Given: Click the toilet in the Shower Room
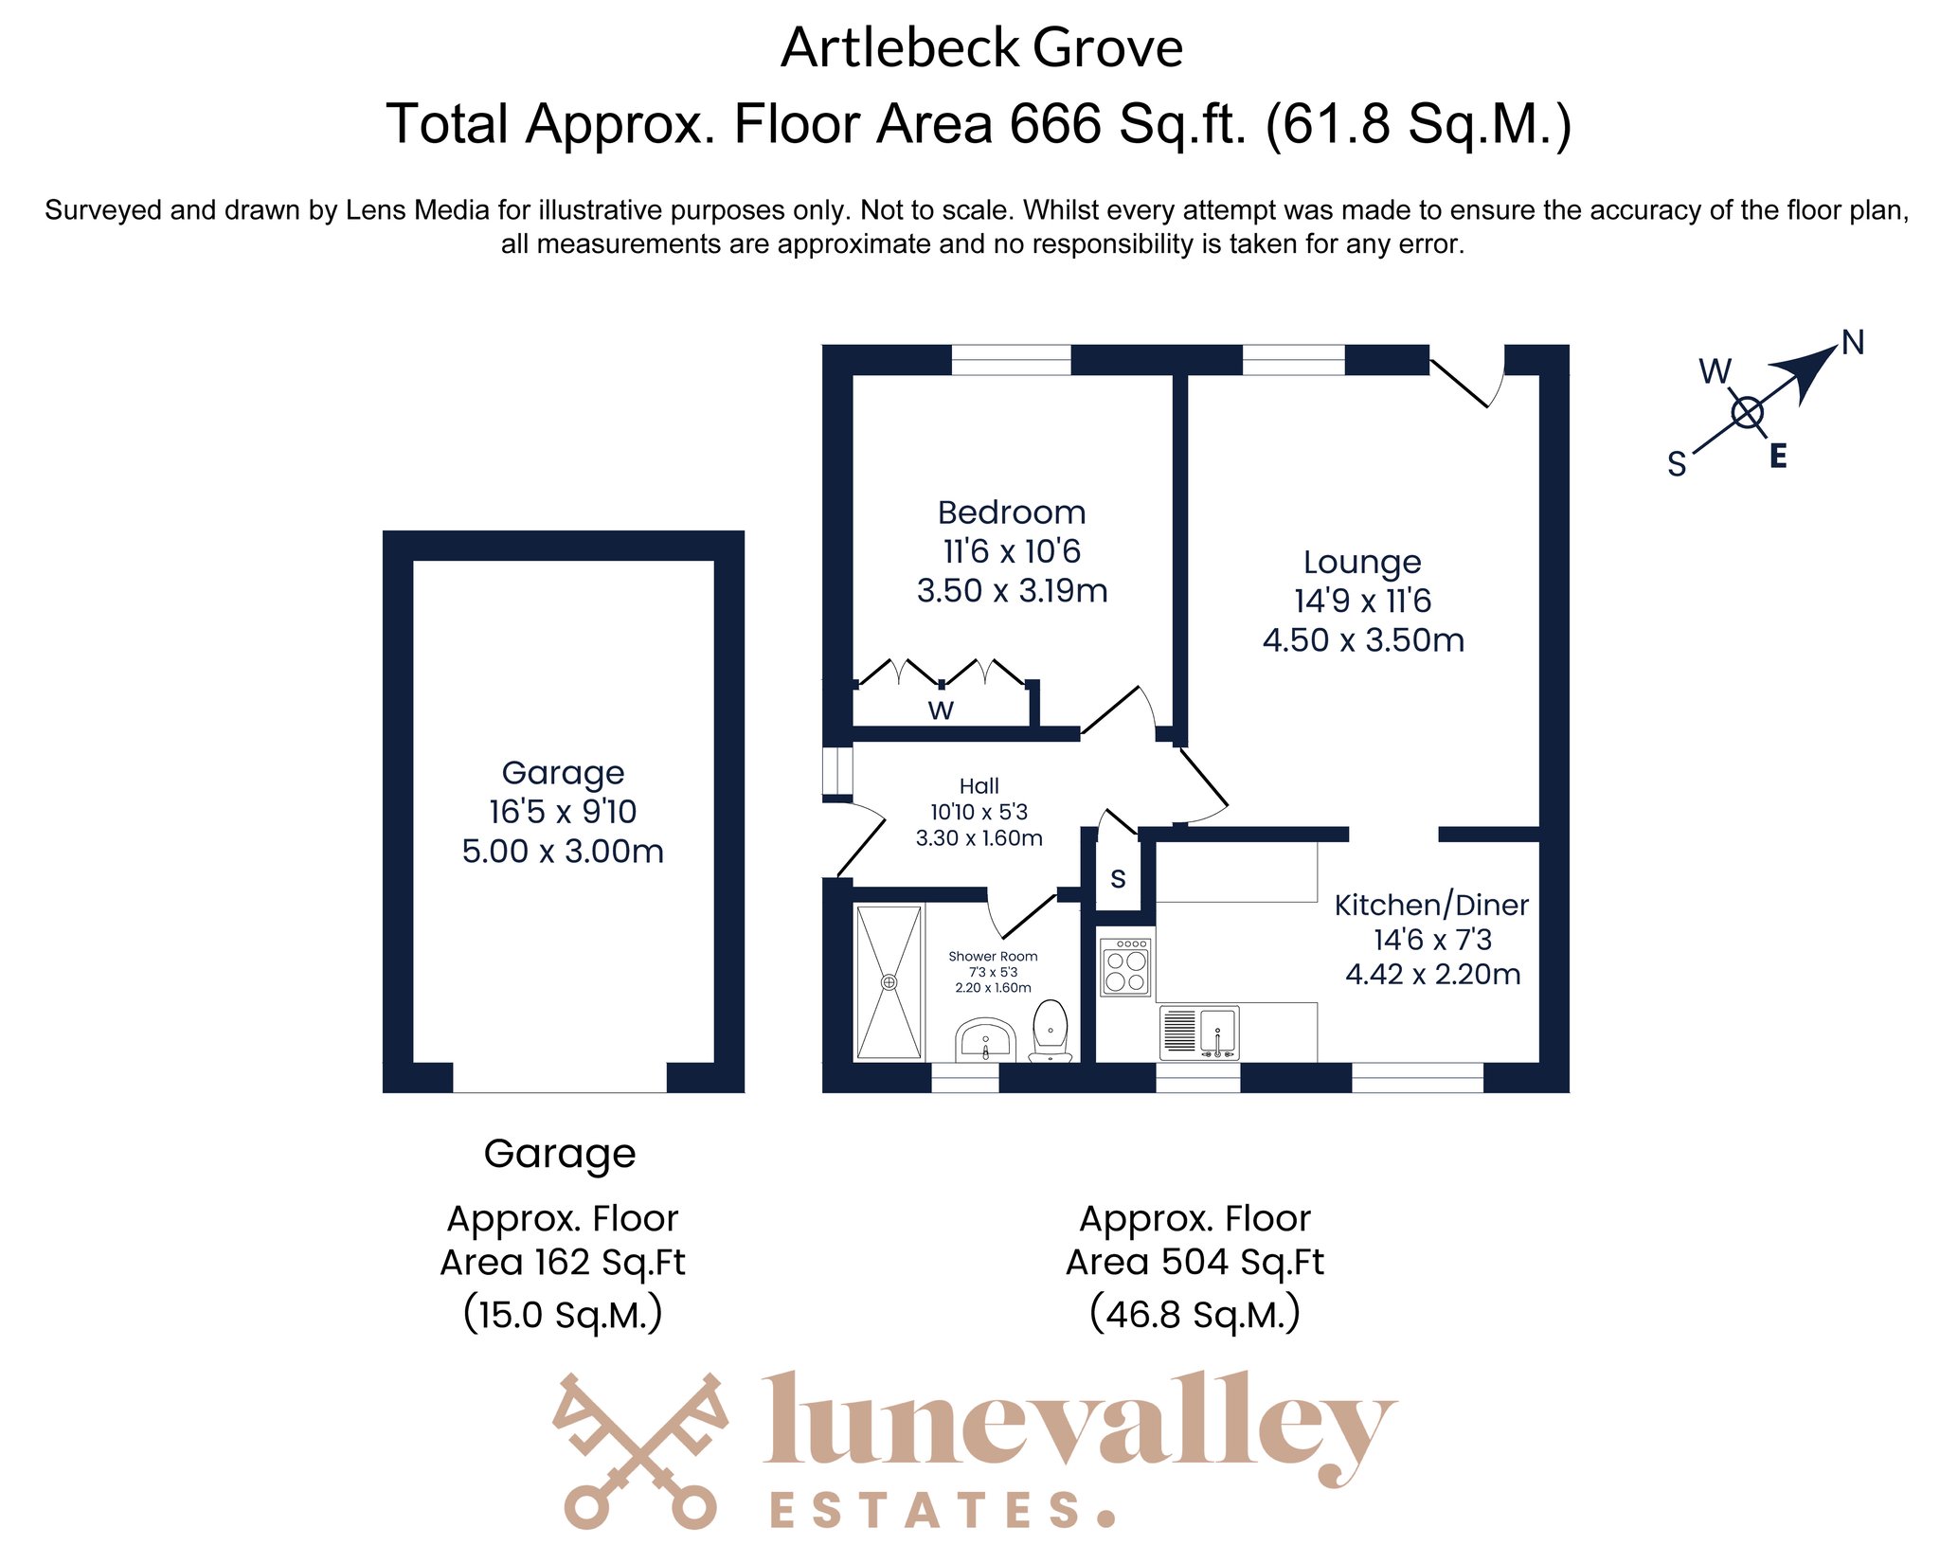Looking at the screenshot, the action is click(1050, 1031).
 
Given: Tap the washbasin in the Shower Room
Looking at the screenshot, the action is click(985, 1040).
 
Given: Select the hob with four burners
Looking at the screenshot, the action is click(1125, 966).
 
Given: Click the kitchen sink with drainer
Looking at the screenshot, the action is click(1199, 1033).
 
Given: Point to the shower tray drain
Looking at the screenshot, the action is click(889, 982).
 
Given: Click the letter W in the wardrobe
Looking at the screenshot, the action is click(941, 710).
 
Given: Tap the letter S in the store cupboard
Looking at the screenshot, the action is click(1118, 879).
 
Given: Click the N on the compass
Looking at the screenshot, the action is click(1853, 342).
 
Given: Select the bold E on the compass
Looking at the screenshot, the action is click(1778, 457).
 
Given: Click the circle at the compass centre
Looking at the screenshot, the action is click(1747, 413).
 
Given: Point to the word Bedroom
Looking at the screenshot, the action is click(1012, 512).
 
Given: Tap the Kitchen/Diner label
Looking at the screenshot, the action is click(1431, 906).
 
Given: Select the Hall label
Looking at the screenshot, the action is click(979, 785).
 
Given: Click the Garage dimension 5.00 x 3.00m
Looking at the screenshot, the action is click(563, 851).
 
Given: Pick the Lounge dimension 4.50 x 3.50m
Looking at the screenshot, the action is click(1363, 640).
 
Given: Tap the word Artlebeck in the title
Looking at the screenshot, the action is click(899, 47).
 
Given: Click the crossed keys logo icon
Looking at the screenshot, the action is click(641, 1450).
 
